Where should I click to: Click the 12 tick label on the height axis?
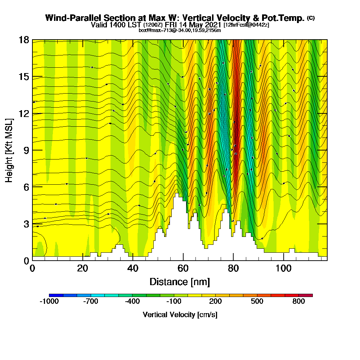coord(23,113)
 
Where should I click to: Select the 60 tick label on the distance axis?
coord(183,269)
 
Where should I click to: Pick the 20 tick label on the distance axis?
coord(83,269)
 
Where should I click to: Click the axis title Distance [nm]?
coord(180,282)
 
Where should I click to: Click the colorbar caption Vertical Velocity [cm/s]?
coord(180,315)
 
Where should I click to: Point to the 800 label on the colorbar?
coord(299,302)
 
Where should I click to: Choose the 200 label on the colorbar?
coord(216,302)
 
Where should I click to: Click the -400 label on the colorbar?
coord(132,302)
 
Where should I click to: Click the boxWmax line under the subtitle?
coord(180,30)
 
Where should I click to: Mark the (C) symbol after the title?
coord(311,18)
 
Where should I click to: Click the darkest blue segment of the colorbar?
coord(56,295)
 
